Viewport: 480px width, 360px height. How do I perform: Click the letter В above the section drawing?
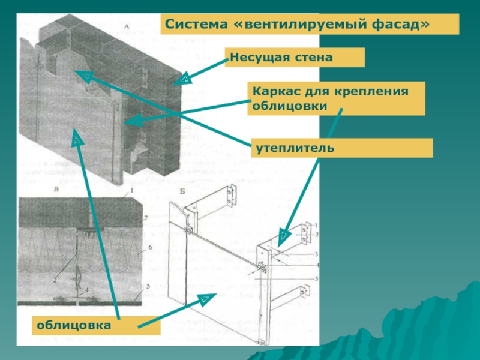point(56,190)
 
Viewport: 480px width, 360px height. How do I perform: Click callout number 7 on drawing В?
point(145,219)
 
